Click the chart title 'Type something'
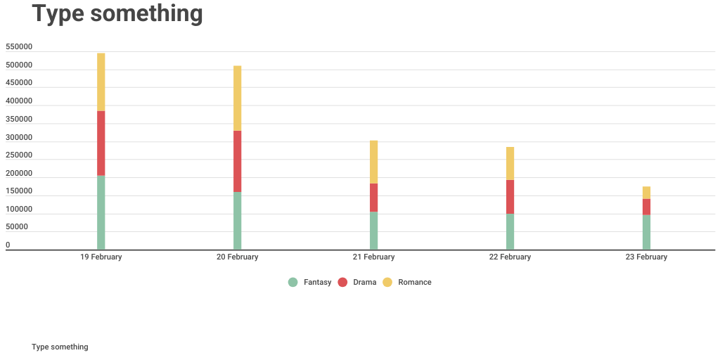point(117,13)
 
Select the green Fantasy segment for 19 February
point(101,212)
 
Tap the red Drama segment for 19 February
point(101,143)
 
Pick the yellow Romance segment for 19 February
point(101,82)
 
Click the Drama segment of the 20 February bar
point(238,161)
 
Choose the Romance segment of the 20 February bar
point(238,98)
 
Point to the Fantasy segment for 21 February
point(374,230)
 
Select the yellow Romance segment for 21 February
point(374,162)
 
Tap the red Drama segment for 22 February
point(510,196)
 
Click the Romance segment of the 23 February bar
point(646,193)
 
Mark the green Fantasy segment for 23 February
point(646,231)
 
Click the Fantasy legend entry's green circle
point(293,282)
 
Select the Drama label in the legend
point(364,282)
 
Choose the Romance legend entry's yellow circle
point(387,282)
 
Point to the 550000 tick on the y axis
point(19,47)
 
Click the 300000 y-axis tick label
point(19,137)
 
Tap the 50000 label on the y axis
point(17,227)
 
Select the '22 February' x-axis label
point(510,257)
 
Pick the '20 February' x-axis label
point(238,257)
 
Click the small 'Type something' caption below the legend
point(60,347)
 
